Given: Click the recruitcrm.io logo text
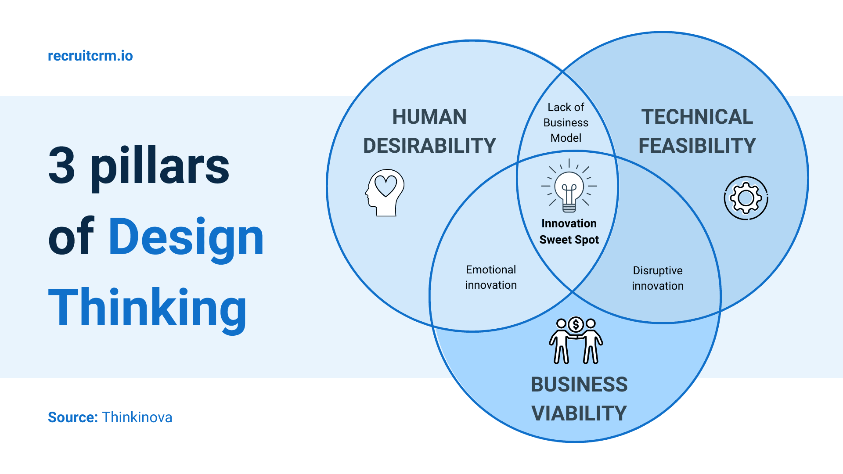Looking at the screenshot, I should point(90,56).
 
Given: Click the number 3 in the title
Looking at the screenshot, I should point(62,165).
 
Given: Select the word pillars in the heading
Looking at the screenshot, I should point(160,167).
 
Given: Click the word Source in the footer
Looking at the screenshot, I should point(72,417).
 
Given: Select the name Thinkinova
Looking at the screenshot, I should point(137,417).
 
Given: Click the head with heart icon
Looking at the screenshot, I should point(385,193).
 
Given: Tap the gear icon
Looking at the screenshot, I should point(746,198).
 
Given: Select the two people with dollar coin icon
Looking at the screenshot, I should point(576,341).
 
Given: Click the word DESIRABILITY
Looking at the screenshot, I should point(429,146).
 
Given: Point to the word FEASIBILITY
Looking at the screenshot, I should point(697,146).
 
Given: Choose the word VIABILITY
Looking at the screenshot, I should point(579,413).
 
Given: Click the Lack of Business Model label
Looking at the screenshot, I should point(566,122).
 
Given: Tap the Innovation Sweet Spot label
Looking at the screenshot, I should point(569,231).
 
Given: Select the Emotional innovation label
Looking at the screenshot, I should point(491,277).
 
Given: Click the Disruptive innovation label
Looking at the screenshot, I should point(658,278).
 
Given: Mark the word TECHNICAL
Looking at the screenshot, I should point(697,117).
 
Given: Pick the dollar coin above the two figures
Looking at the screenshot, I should point(576,325).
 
